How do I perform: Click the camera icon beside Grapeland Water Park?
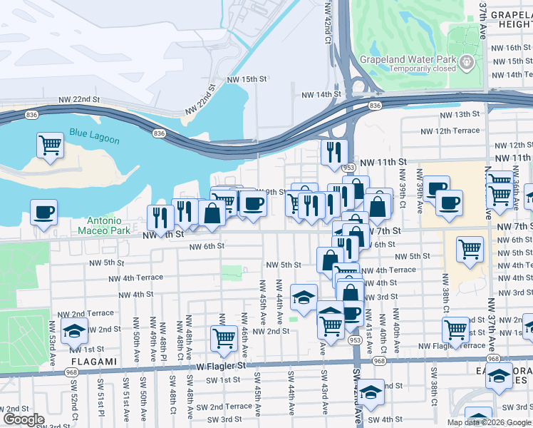pos(467,63)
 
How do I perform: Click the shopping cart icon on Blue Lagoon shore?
pos(50,145)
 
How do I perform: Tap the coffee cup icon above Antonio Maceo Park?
pos(44,212)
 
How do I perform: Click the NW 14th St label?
pos(321,94)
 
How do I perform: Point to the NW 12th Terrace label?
pos(447,131)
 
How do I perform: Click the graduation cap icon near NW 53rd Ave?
pos(74,331)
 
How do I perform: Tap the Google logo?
pos(24,419)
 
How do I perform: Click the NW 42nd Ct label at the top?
pos(328,21)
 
